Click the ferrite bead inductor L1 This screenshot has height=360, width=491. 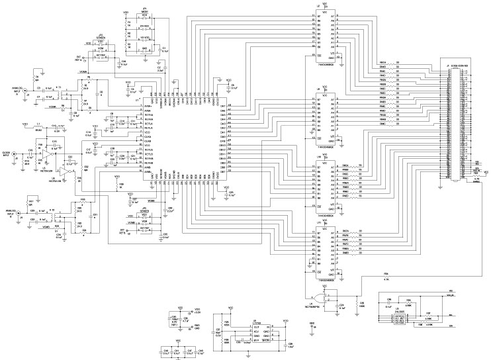point(38,126)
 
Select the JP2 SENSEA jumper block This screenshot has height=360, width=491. point(100,52)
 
